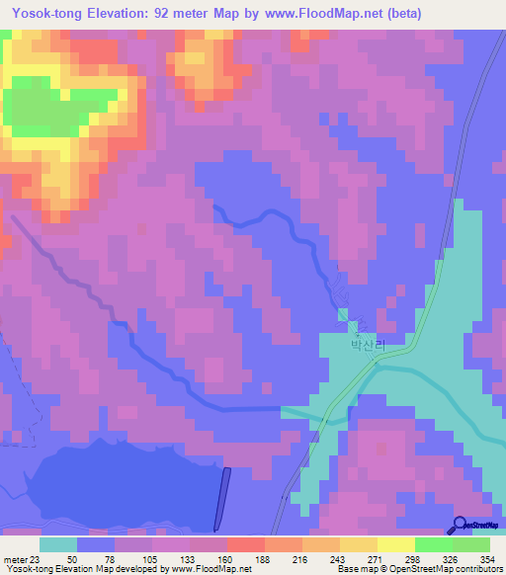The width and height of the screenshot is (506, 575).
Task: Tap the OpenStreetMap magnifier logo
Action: (461, 525)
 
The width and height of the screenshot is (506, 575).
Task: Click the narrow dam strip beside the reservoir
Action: (221, 498)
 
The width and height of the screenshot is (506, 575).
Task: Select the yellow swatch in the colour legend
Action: (395, 544)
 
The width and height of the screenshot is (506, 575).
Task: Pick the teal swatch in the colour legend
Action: (58, 544)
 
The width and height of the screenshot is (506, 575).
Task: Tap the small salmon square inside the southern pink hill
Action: (380, 450)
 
